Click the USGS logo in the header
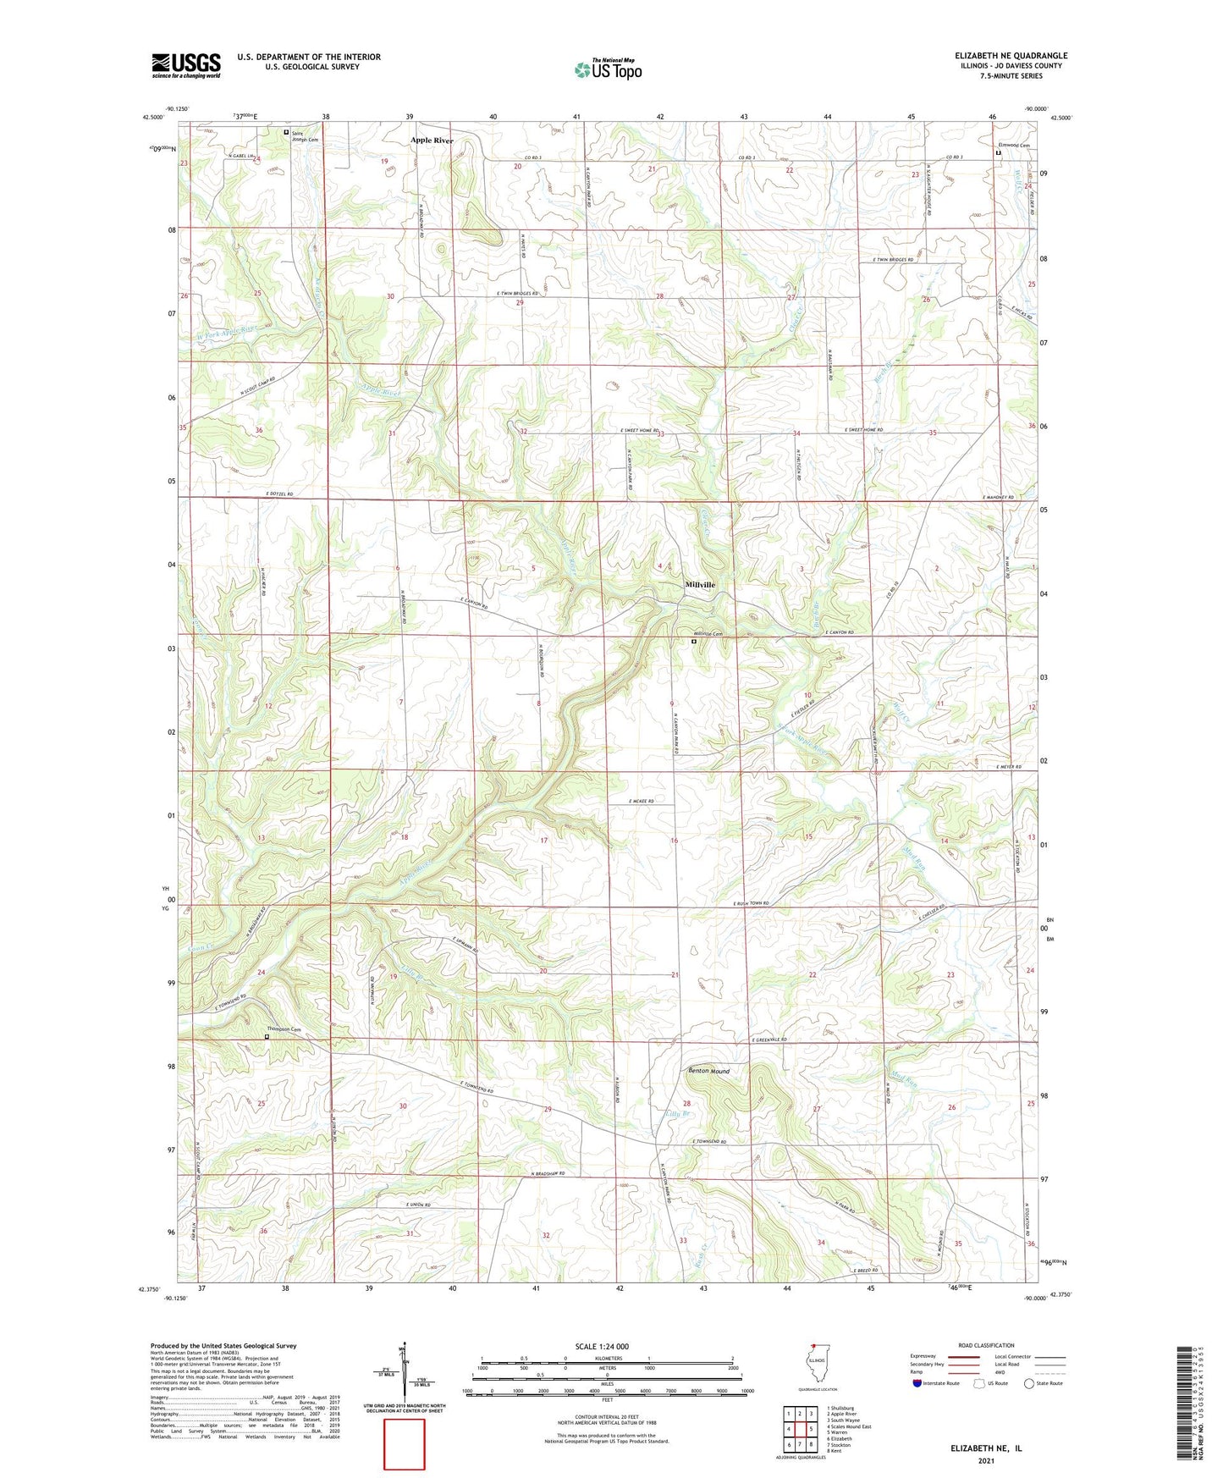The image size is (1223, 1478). tap(185, 65)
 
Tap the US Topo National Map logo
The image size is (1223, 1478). tap(608, 69)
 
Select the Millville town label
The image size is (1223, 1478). tap(700, 585)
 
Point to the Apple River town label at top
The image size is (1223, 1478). tap(432, 141)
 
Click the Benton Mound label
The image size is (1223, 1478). tap(708, 1071)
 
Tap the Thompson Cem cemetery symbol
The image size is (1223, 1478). tap(267, 1036)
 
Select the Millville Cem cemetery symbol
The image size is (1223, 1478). tap(693, 642)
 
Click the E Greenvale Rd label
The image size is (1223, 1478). tap(769, 1040)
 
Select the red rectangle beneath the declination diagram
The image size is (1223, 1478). tap(404, 1444)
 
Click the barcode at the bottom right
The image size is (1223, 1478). tap(1186, 1405)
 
